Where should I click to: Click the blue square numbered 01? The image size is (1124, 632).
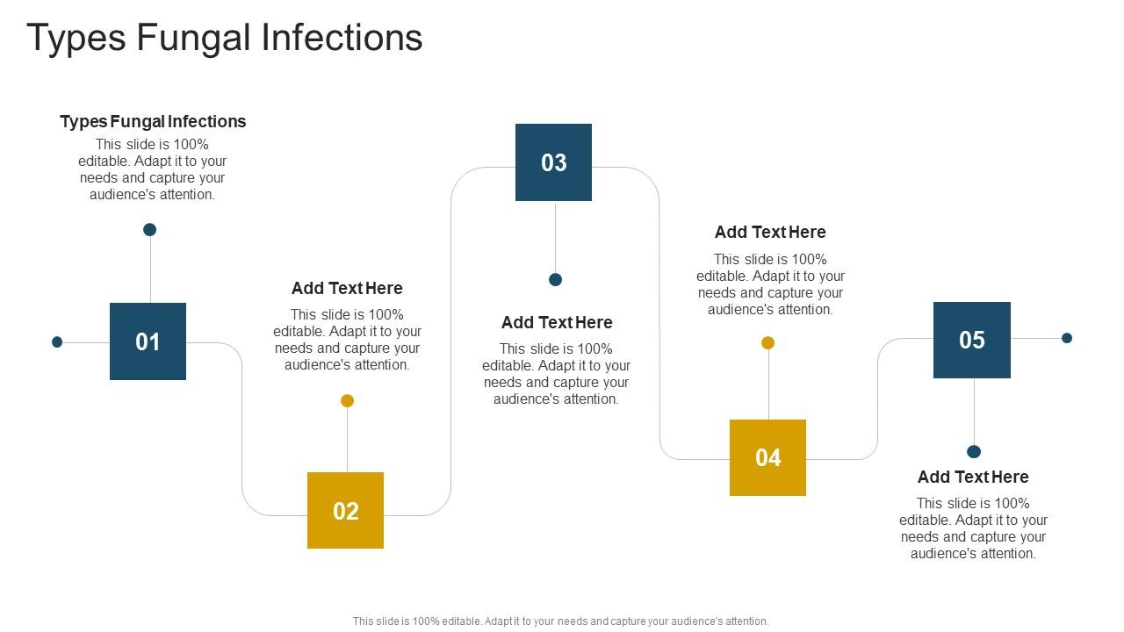pyautogui.click(x=148, y=341)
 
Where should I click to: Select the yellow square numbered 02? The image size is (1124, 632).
pyautogui.click(x=345, y=510)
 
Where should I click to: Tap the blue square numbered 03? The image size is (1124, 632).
pyautogui.click(x=553, y=162)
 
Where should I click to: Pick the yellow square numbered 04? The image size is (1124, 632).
pyautogui.click(x=767, y=457)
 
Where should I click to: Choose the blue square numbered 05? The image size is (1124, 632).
pyautogui.click(x=971, y=340)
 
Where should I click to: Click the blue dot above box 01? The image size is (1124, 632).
pyautogui.click(x=150, y=230)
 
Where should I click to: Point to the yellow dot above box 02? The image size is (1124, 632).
pyautogui.click(x=347, y=401)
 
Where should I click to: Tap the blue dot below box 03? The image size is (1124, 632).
pyautogui.click(x=555, y=280)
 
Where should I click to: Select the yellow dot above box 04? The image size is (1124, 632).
pyautogui.click(x=767, y=343)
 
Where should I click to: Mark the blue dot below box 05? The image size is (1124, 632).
pyautogui.click(x=974, y=452)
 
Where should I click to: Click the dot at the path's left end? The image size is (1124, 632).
pyautogui.click(x=57, y=342)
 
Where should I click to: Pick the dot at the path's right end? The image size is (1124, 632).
pyautogui.click(x=1067, y=338)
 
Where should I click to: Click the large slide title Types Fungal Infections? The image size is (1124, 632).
pyautogui.click(x=225, y=38)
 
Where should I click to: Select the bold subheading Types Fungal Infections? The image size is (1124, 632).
pyautogui.click(x=153, y=121)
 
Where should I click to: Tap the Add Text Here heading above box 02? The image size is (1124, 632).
pyautogui.click(x=347, y=288)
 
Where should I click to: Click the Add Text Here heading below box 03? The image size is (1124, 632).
pyautogui.click(x=557, y=322)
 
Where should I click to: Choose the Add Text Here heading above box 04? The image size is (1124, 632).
pyautogui.click(x=770, y=232)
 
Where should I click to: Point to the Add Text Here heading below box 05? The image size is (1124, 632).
pyautogui.click(x=973, y=477)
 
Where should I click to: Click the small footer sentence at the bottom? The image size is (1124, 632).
pyautogui.click(x=560, y=621)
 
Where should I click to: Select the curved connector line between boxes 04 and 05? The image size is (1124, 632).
pyautogui.click(x=877, y=399)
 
